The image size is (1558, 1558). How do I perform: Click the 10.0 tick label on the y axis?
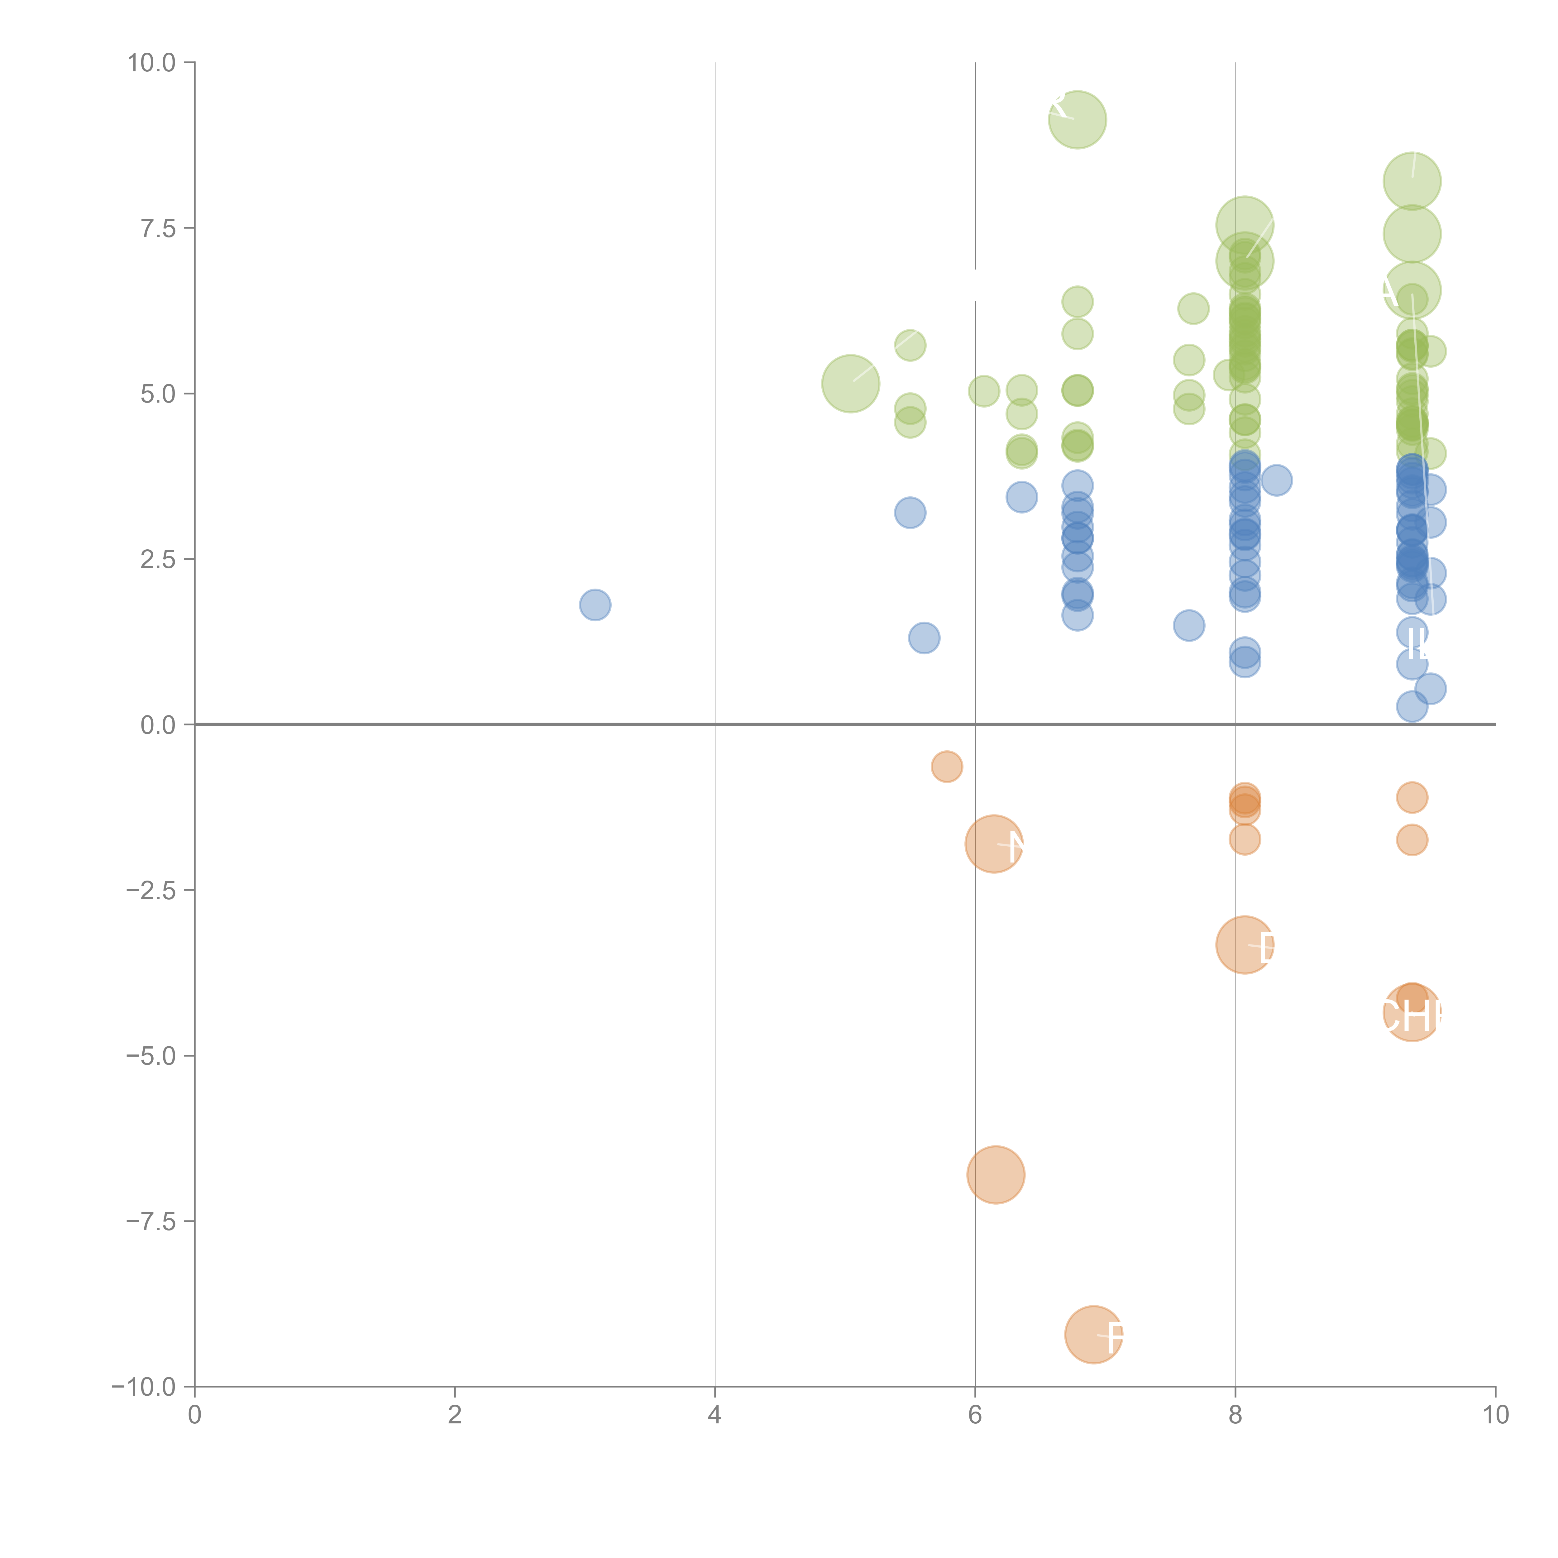152,63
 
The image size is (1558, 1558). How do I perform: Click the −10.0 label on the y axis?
145,1387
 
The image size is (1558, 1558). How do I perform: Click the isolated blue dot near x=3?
595,605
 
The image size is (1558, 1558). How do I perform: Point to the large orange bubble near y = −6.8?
996,1175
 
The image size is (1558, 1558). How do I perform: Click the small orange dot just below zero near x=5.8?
947,767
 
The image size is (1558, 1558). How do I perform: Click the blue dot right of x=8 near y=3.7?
1277,480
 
